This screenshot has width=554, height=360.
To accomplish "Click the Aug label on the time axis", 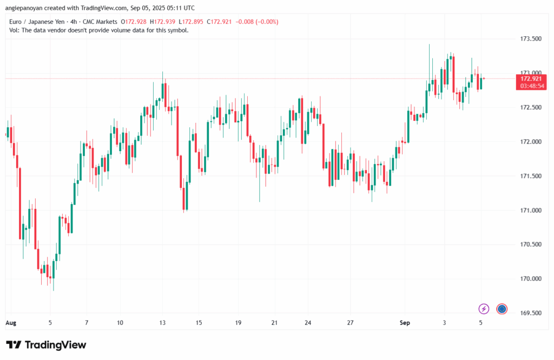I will point(11,323).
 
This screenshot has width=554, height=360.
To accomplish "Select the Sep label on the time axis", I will point(405,323).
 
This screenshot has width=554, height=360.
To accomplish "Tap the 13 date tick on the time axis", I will point(162,323).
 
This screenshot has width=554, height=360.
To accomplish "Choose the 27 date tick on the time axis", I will point(350,323).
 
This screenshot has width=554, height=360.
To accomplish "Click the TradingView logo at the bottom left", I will point(46,345).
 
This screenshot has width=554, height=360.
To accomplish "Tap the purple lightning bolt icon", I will point(484,309).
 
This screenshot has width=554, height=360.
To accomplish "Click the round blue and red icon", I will point(502,309).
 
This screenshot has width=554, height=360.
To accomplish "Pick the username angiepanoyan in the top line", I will point(25,8).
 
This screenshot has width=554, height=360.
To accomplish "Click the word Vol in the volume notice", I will point(15,30).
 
